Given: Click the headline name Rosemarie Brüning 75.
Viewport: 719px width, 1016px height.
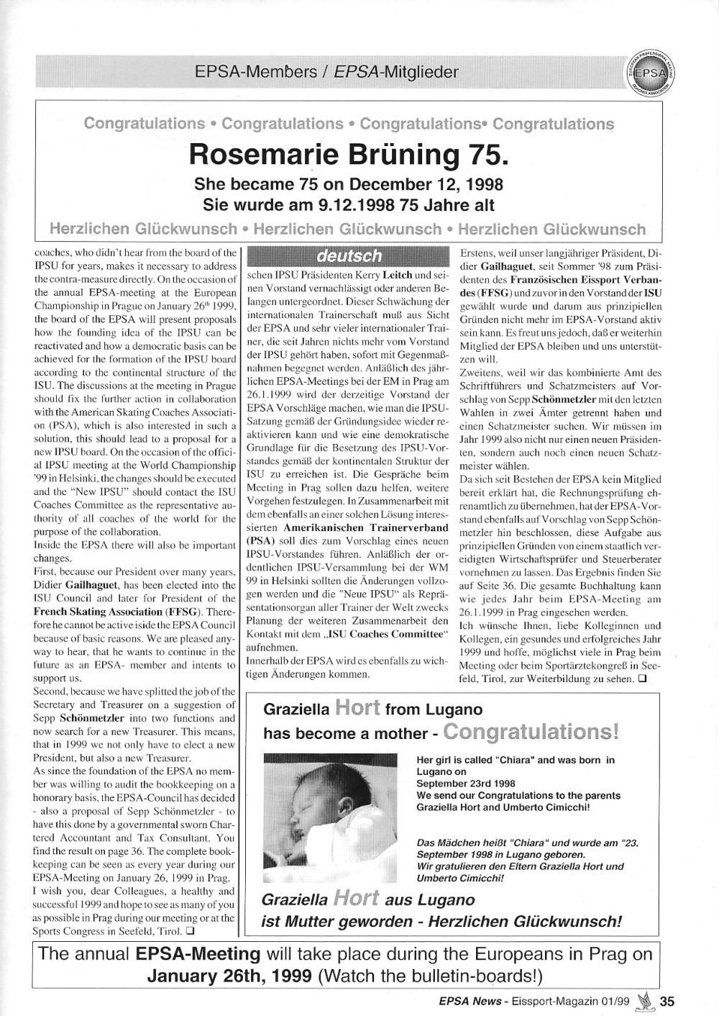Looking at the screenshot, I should click(x=348, y=154).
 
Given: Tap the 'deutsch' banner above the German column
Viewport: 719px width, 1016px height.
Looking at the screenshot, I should click(x=349, y=255).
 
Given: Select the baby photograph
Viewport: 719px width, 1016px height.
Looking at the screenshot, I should click(x=330, y=818).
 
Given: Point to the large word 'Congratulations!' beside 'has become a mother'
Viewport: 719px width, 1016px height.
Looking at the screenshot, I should click(x=531, y=732).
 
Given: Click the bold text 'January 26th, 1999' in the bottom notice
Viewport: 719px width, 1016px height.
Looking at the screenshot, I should click(x=229, y=976).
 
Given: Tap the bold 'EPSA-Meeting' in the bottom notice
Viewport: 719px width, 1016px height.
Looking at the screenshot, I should click(x=198, y=954).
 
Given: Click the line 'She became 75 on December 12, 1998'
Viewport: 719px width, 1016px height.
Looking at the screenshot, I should click(x=349, y=183).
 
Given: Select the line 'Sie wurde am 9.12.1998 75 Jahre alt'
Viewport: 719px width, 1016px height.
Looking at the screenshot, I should click(x=349, y=205).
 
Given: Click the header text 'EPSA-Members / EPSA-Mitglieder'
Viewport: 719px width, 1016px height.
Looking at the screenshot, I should click(x=326, y=72).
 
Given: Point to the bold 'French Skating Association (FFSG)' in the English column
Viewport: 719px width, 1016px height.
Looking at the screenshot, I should click(x=123, y=612).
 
